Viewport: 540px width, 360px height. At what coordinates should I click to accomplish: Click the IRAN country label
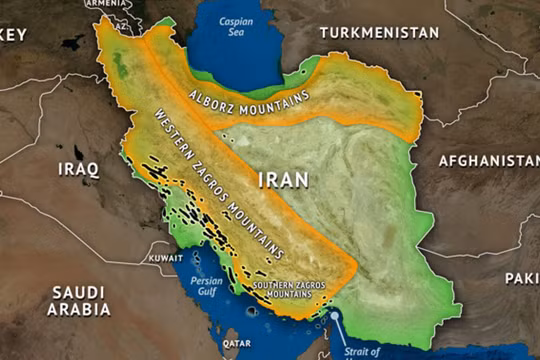pos(283,181)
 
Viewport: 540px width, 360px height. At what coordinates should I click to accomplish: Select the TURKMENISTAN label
pos(379,33)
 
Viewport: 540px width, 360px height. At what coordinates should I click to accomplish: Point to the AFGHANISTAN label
pos(489,160)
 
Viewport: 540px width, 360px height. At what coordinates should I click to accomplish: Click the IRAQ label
pos(79,169)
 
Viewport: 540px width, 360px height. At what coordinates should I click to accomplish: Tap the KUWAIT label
pos(165,258)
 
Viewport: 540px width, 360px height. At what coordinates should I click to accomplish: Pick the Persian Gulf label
pos(207,287)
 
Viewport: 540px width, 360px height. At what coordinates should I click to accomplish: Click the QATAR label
pos(237,342)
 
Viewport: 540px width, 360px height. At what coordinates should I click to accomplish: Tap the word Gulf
pos(207,294)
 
